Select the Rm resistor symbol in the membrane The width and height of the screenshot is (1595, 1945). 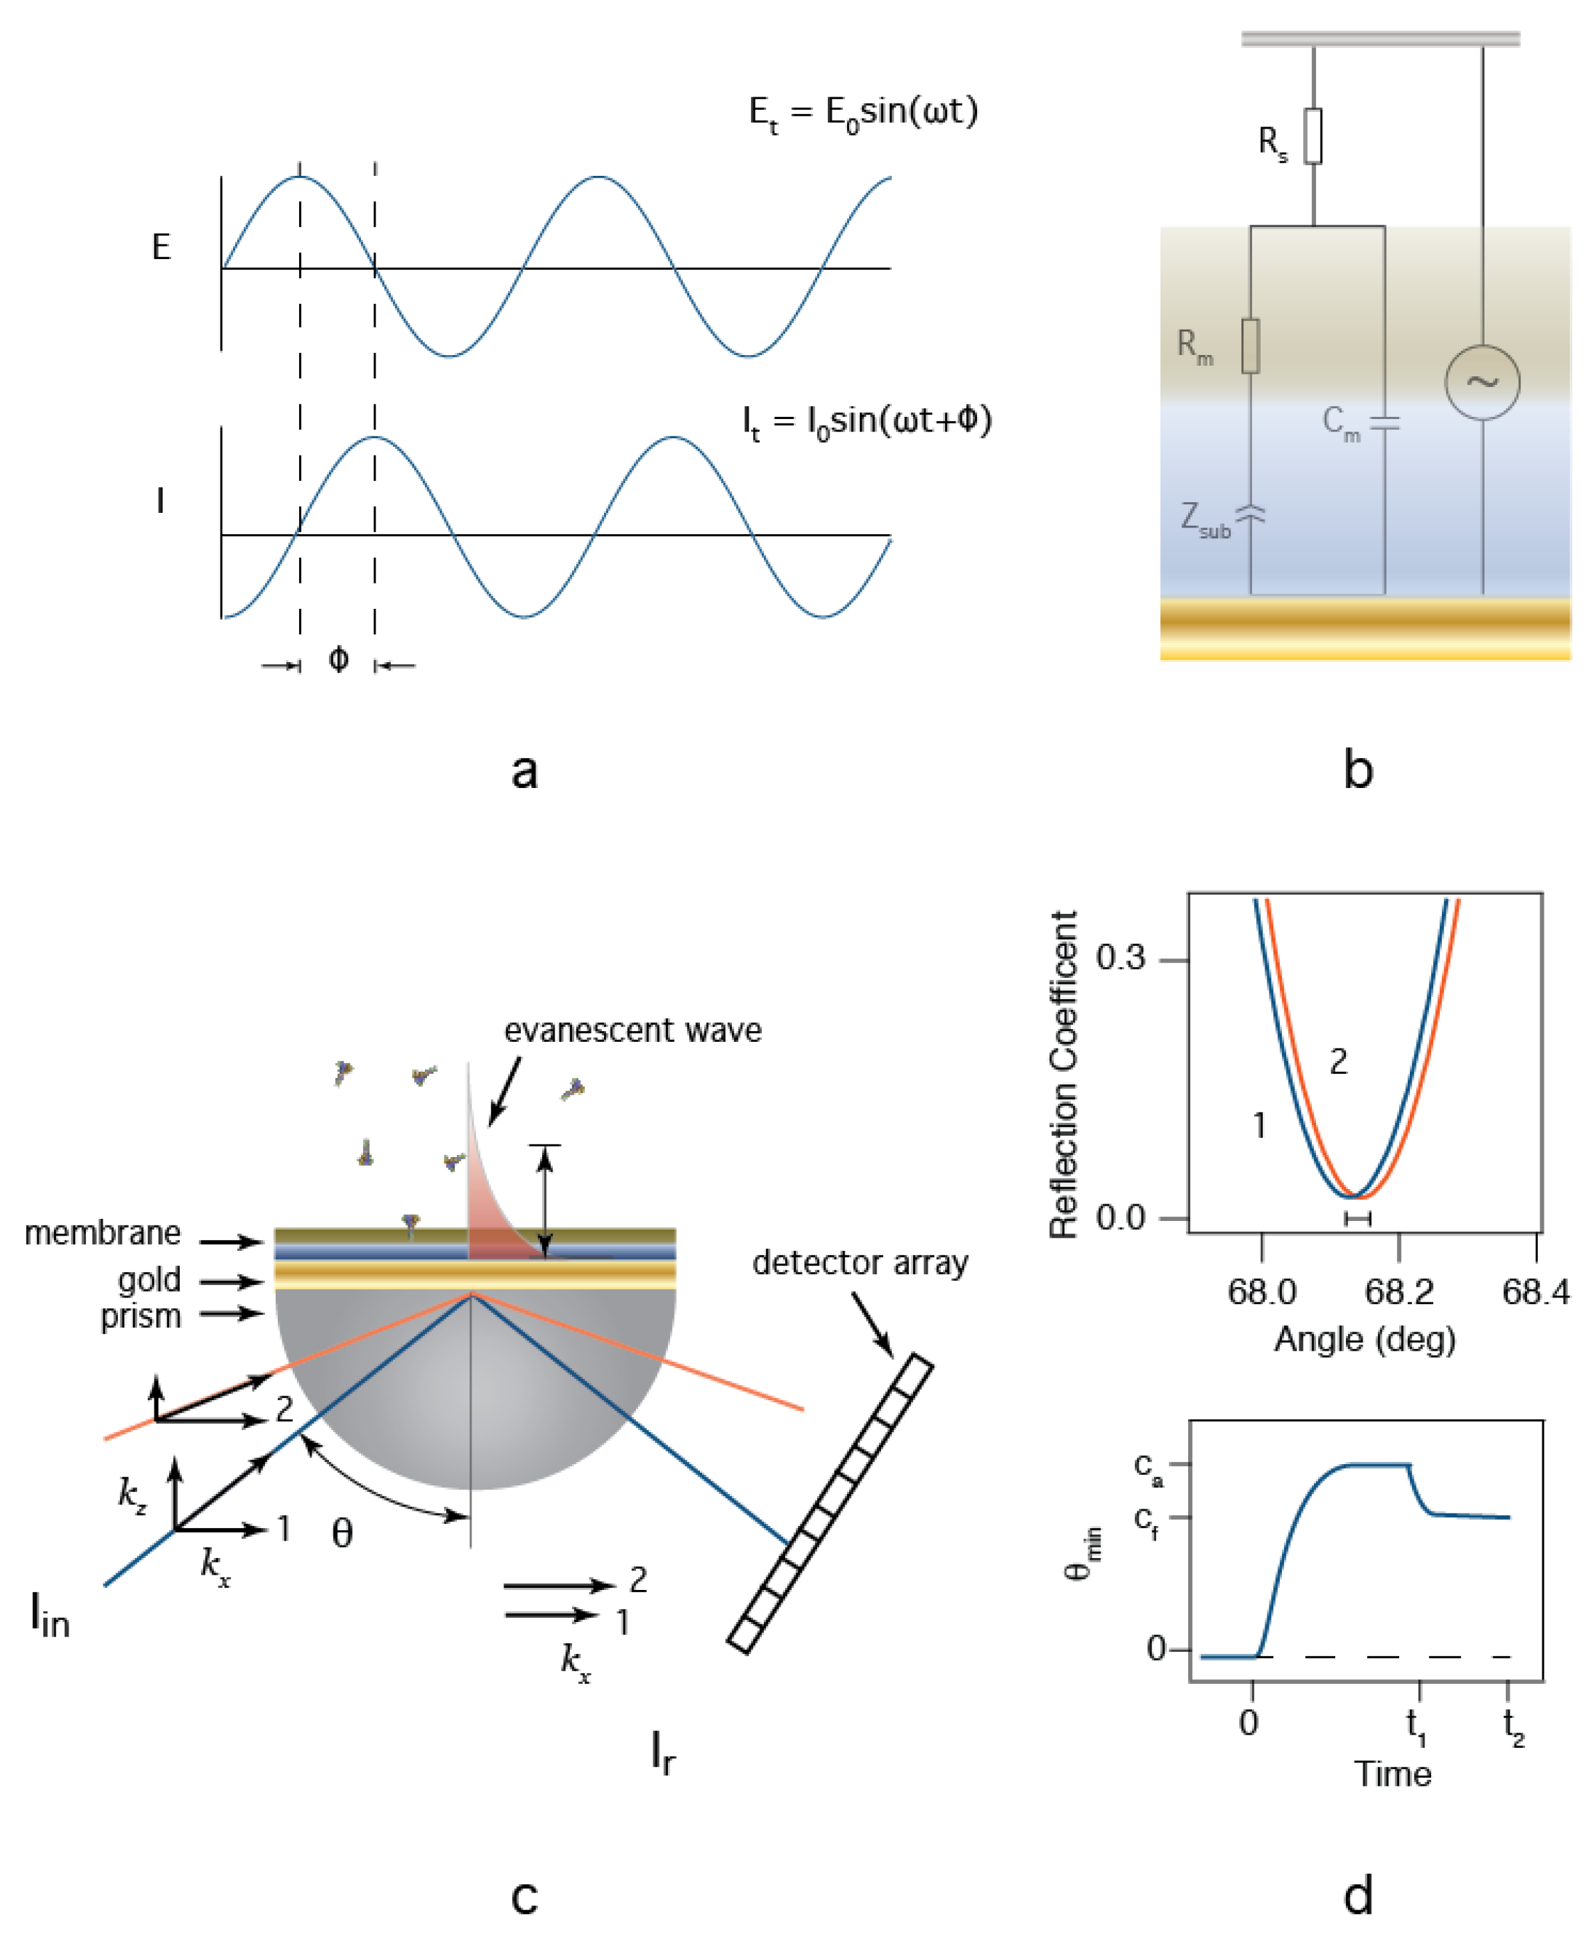1251,346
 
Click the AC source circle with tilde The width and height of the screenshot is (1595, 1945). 1482,382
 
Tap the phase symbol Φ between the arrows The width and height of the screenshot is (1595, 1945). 338,659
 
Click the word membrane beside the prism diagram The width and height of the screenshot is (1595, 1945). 103,1233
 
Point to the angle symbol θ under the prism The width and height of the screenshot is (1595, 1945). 342,1533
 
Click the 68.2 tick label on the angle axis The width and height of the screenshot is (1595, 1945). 1399,1293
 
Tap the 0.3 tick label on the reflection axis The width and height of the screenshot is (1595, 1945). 1120,959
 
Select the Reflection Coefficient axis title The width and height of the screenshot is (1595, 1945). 1064,1075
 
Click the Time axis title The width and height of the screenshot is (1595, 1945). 1392,1773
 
